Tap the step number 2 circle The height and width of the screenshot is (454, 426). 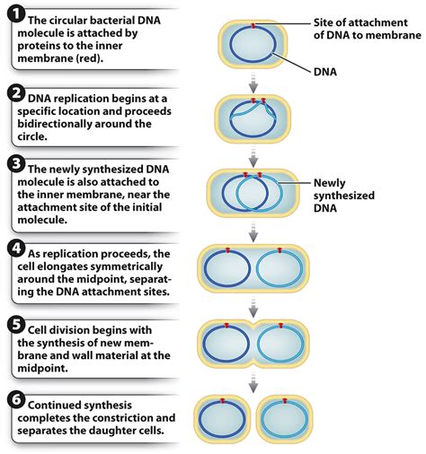click(x=15, y=92)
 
